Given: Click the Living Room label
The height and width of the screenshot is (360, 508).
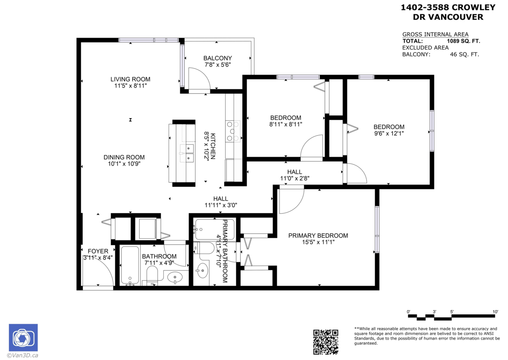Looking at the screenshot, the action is coord(130,79).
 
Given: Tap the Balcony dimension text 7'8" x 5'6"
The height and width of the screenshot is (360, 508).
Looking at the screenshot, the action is coord(218,65).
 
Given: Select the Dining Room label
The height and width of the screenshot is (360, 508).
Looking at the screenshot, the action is coord(124,157).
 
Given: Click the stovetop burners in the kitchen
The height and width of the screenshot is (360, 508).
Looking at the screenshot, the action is coord(233,131).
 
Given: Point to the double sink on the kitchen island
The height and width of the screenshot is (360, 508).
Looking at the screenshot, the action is coord(187,153).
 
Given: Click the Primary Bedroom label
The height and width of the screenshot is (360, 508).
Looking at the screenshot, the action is coord(318,235).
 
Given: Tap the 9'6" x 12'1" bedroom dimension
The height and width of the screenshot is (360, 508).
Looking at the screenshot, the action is coord(389,133).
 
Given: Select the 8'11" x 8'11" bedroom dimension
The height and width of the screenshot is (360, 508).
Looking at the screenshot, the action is coord(286,125).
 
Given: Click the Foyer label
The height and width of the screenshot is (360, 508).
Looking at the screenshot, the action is coord(98,251).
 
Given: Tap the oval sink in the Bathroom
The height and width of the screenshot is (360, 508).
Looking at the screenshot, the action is coord(174,277).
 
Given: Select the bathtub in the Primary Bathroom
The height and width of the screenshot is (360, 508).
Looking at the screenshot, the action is coord(215,229).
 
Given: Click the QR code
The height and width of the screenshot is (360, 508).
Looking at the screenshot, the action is coord(326,342).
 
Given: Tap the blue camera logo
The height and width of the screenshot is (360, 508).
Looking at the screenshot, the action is coord(23,338).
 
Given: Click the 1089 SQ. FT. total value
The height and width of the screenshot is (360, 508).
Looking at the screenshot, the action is coord(464,41).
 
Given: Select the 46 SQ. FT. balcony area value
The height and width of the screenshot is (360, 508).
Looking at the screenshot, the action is coord(464,55).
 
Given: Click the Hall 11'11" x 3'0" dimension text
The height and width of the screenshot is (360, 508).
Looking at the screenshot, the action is coord(221,205).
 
